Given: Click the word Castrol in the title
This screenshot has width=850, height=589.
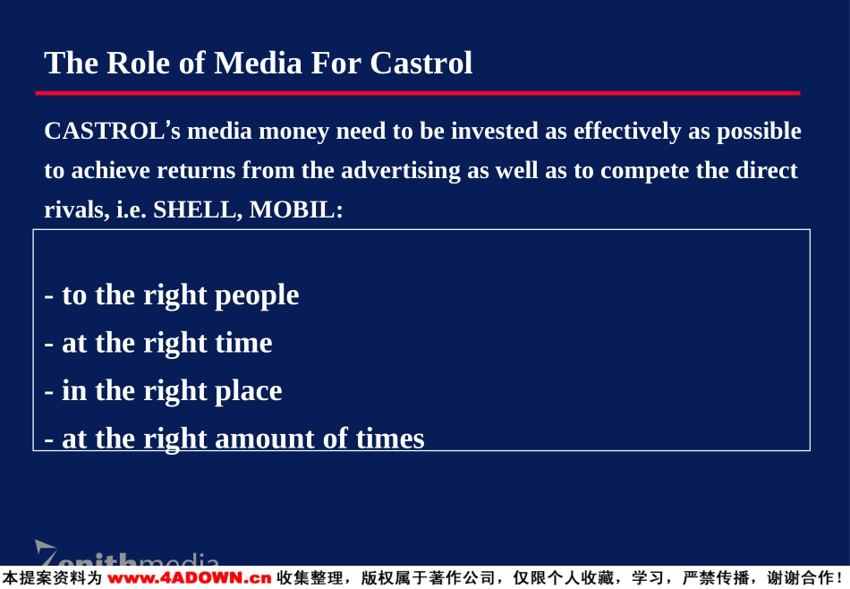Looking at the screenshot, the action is [421, 63].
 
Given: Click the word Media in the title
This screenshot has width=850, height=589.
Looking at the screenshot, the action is [258, 63].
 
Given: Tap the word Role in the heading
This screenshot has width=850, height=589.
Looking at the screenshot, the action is [138, 63].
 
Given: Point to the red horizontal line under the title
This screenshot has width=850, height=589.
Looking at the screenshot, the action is [418, 93].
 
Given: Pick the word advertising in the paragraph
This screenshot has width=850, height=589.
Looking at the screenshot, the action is [401, 170].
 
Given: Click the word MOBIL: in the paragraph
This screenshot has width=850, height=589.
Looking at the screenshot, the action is [296, 209].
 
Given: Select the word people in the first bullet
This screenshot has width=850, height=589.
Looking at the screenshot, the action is [257, 296].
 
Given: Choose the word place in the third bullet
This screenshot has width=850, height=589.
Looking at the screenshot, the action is [248, 391].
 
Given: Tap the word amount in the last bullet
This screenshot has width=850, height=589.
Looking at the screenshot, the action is [265, 439].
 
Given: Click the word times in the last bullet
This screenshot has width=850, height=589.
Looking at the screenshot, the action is [390, 439].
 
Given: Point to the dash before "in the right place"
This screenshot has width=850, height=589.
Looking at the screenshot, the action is [49, 392].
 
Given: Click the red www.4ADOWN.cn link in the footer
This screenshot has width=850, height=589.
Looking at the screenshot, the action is [189, 578].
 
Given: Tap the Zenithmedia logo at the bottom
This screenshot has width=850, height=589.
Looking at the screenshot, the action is [127, 552].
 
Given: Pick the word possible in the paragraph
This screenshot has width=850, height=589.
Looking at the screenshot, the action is [759, 132].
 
